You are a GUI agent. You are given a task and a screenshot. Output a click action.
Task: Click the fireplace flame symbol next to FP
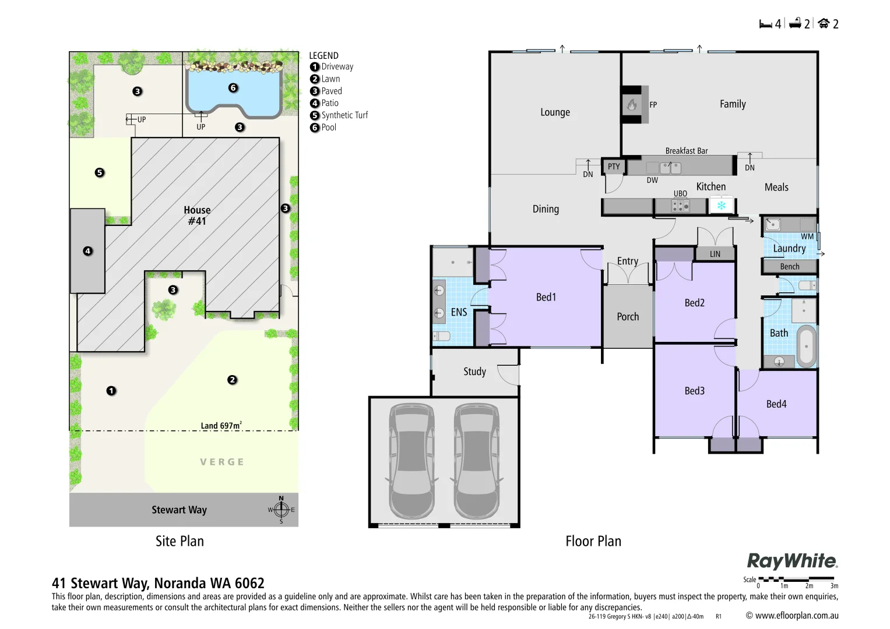pyautogui.click(x=632, y=105)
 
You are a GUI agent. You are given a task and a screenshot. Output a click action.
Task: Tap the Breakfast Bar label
pyautogui.click(x=686, y=151)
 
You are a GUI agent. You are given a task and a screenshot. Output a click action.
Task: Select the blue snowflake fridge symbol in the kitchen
pyautogui.click(x=721, y=206)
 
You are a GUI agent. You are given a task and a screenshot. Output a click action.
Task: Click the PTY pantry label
pyautogui.click(x=614, y=167)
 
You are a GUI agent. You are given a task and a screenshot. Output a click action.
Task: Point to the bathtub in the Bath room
pyautogui.click(x=807, y=346)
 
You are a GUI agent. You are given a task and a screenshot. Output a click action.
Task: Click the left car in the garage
pyautogui.click(x=411, y=461)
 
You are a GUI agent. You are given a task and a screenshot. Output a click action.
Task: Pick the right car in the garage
pyautogui.click(x=477, y=461)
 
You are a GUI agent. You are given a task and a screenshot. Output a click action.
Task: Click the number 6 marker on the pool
pyautogui.click(x=233, y=88)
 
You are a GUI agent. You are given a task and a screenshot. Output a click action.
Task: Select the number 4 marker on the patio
pyautogui.click(x=88, y=251)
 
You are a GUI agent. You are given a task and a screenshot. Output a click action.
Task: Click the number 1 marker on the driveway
pyautogui.click(x=111, y=391)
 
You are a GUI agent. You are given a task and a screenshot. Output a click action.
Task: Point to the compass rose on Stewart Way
pyautogui.click(x=281, y=510)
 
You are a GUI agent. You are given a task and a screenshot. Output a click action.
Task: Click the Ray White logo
pyautogui.click(x=792, y=561)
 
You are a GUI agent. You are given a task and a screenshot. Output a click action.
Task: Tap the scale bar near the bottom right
pyautogui.click(x=796, y=579)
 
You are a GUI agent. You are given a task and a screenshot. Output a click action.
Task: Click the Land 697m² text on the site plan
pyautogui.click(x=221, y=426)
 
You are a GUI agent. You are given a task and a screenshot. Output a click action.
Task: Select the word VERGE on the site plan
pyautogui.click(x=221, y=462)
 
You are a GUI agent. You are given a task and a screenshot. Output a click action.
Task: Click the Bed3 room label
pyautogui.click(x=694, y=391)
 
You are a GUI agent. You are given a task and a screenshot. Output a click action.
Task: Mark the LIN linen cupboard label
pyautogui.click(x=715, y=254)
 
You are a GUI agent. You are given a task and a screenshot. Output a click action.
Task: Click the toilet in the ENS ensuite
pyautogui.click(x=441, y=336)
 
